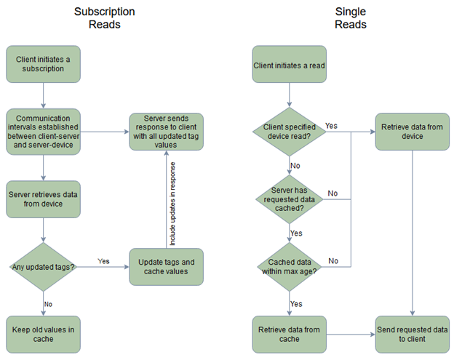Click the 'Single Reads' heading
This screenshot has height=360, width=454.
[351, 18]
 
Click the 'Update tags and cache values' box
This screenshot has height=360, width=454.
[166, 267]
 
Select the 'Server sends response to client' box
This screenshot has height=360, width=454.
[166, 132]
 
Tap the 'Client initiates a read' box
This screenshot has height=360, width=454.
[289, 65]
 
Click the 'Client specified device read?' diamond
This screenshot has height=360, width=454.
[289, 132]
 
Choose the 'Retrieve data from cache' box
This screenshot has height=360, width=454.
[289, 334]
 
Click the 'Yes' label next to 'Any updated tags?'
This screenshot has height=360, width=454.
[104, 260]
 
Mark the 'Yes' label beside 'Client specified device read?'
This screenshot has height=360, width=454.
[331, 126]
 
